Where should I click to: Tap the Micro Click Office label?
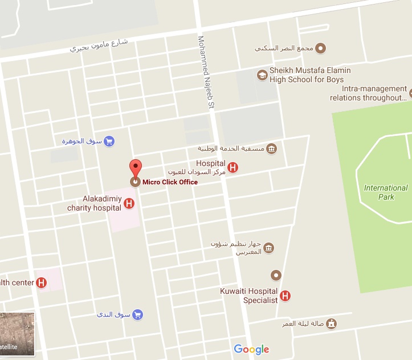(170, 182)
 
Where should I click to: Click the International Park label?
(386, 192)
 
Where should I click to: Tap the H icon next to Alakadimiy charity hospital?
(129, 203)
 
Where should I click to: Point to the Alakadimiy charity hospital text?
(94, 203)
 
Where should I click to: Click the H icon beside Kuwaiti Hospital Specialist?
(285, 296)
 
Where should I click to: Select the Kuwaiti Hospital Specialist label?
(248, 296)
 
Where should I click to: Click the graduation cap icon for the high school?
(262, 75)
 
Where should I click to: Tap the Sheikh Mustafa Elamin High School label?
(310, 75)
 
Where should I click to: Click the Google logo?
(251, 349)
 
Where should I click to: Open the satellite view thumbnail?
(17, 334)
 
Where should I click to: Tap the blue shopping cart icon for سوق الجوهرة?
(109, 141)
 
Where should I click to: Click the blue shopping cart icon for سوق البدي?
(137, 314)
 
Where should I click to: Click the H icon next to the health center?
(41, 282)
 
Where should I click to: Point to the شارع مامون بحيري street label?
(99, 46)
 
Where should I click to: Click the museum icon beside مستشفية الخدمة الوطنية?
(271, 149)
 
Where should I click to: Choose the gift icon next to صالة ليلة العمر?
(332, 323)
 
